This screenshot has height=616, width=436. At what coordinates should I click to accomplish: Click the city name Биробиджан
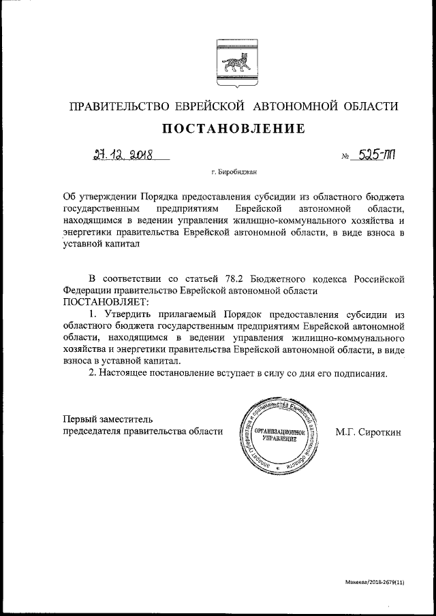(235, 175)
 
